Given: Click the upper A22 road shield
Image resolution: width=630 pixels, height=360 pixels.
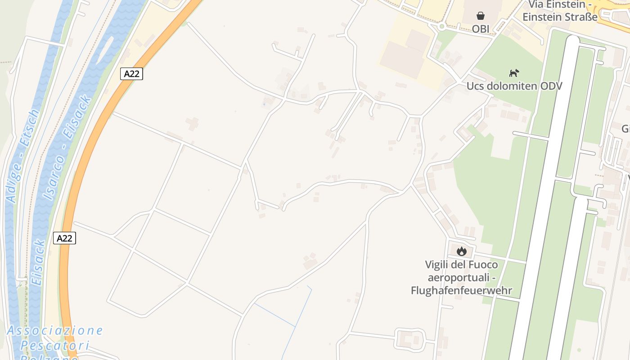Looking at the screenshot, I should (x=131, y=74).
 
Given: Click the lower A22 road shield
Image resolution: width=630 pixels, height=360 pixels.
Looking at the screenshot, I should (x=64, y=238).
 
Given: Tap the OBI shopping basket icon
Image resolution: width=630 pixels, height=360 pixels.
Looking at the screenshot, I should (x=481, y=16).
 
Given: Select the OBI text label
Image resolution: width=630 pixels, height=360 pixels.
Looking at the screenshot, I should (x=481, y=29).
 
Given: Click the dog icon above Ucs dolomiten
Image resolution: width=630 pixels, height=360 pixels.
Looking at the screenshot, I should (x=514, y=73).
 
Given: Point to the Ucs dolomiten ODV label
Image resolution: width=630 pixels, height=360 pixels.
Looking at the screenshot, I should (x=514, y=85).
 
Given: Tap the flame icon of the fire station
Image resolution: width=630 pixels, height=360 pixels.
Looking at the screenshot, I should (x=461, y=251).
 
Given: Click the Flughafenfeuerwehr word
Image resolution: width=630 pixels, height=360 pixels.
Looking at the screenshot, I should (x=461, y=290).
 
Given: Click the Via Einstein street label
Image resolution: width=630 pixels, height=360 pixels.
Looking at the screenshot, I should (x=560, y=4).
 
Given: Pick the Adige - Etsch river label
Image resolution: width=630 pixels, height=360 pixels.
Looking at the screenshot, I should (x=22, y=155).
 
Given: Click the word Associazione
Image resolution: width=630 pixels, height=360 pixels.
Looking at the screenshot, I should (x=55, y=331).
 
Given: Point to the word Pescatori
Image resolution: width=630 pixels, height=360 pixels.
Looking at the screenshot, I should (x=55, y=346).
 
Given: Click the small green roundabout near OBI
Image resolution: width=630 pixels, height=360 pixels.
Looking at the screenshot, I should (x=442, y=27).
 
